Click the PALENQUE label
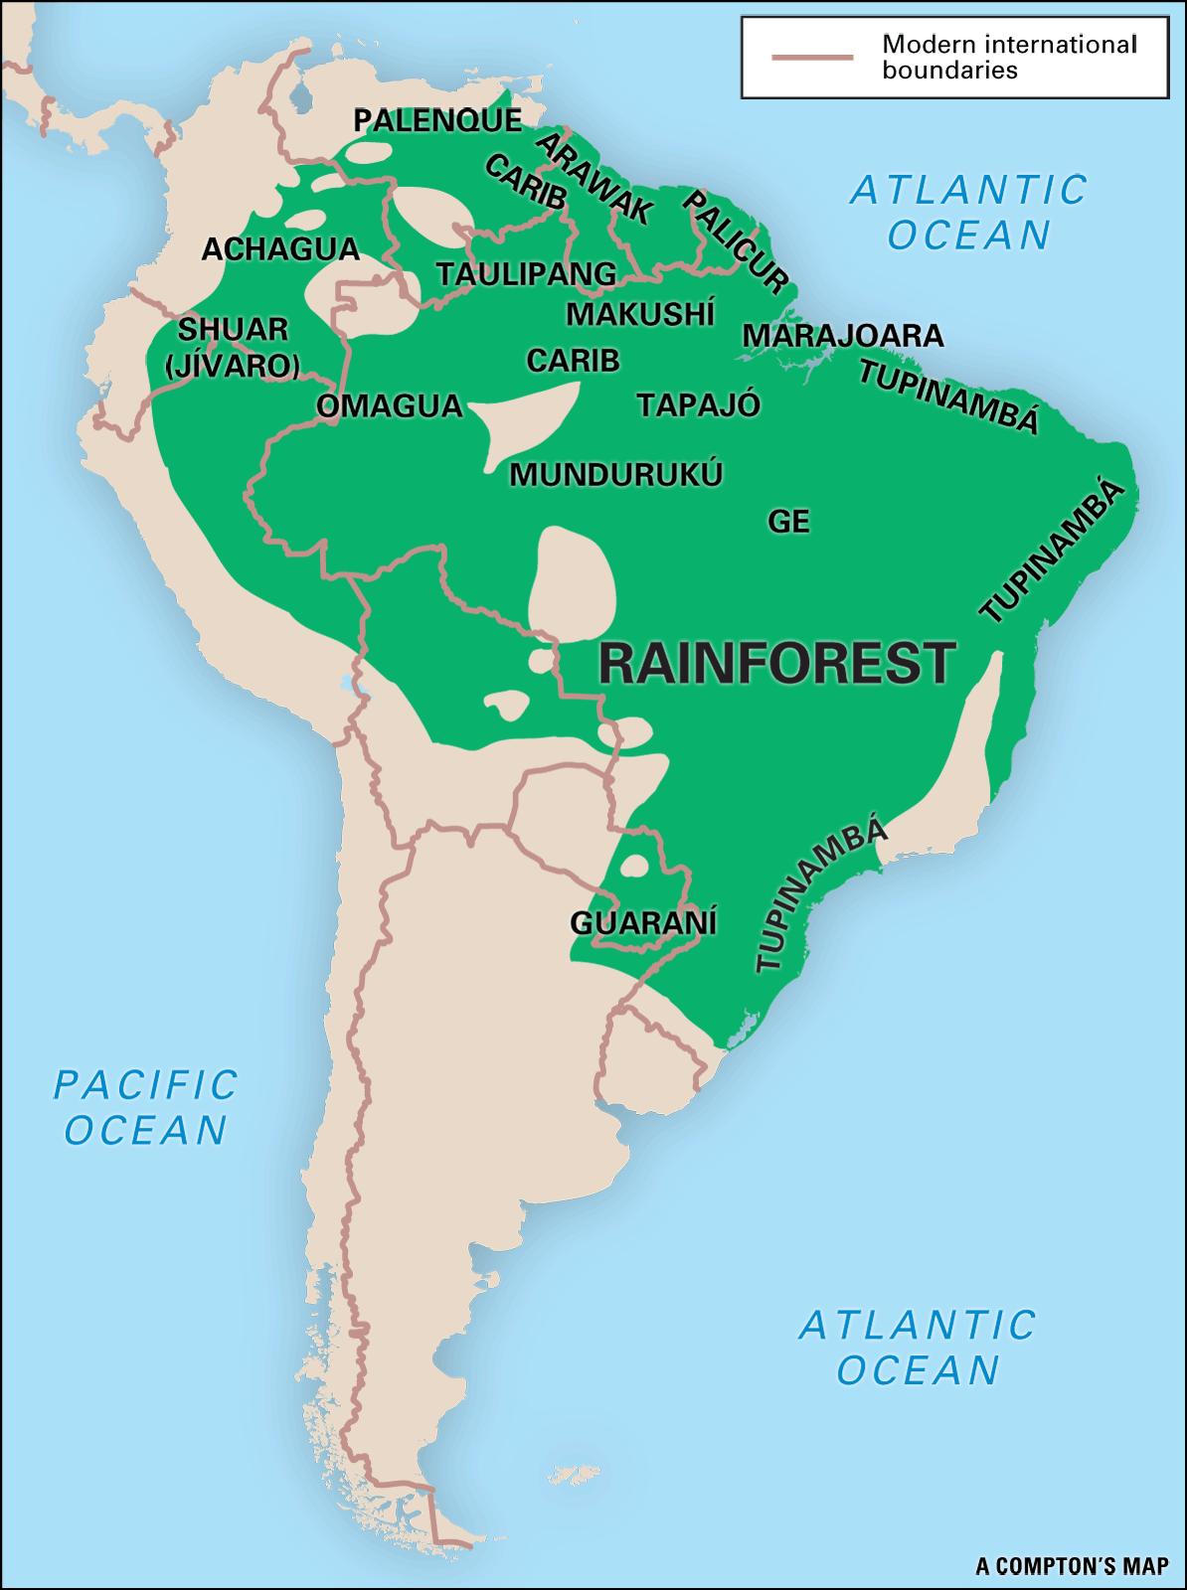438,121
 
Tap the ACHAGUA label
280,249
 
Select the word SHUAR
234,329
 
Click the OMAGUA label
390,405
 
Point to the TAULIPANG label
527,273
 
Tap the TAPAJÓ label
699,405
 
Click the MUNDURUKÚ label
615,475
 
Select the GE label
789,521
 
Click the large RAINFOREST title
776,664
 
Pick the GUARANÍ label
643,923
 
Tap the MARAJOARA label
843,336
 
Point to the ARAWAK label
594,178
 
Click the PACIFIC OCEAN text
145,1107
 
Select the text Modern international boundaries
1008,58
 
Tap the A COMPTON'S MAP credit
1072,1567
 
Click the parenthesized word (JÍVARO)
233,367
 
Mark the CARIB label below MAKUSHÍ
574,361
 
